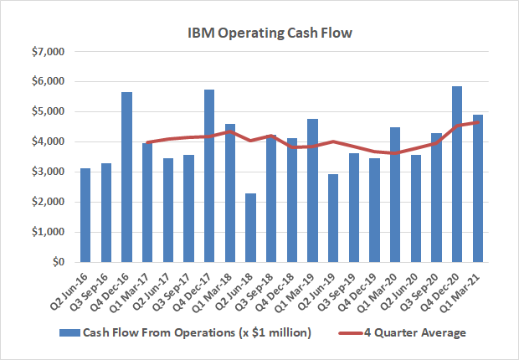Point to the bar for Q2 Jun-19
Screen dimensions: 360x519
332,218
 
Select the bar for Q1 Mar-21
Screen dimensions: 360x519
477,188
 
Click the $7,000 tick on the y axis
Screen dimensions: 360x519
46,52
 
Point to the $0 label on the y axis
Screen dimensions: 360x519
59,262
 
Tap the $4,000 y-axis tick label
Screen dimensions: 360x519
46,142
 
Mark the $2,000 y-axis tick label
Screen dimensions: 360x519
46,203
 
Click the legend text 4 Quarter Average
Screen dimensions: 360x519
415,333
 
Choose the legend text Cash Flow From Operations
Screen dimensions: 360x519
197,333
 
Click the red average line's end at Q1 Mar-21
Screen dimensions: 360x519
477,122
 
